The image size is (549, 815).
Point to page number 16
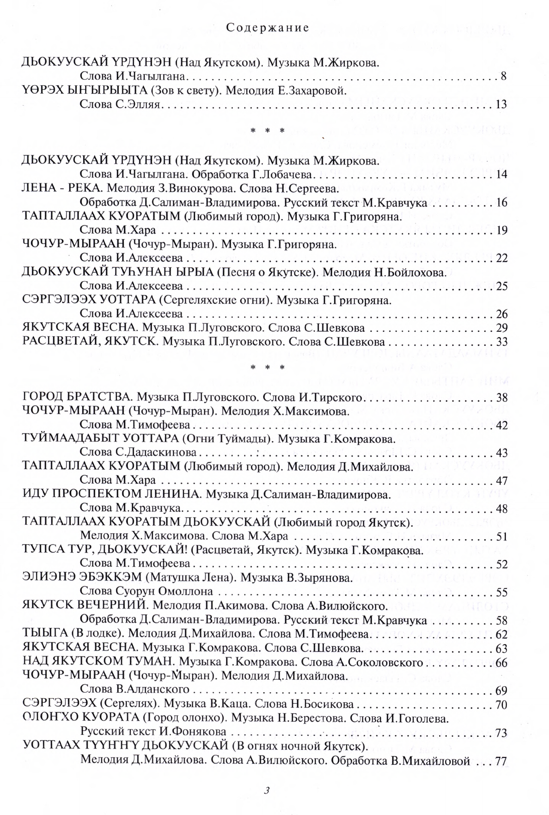[501, 203]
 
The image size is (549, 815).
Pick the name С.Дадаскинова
[138, 453]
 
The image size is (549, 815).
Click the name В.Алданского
[152, 689]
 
